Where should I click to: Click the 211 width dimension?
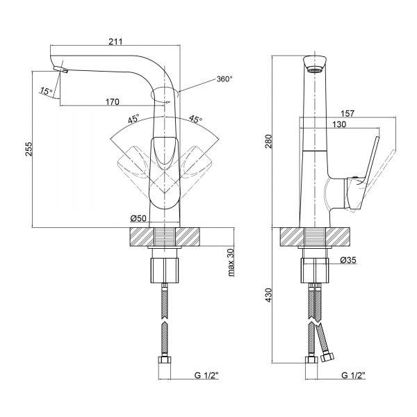click(116, 41)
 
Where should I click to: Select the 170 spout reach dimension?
click(111, 101)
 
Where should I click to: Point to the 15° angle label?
click(45, 91)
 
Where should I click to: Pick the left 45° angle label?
click(133, 119)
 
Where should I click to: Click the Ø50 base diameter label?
click(138, 219)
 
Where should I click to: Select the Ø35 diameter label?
click(349, 260)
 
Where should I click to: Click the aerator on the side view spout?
click(315, 69)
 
